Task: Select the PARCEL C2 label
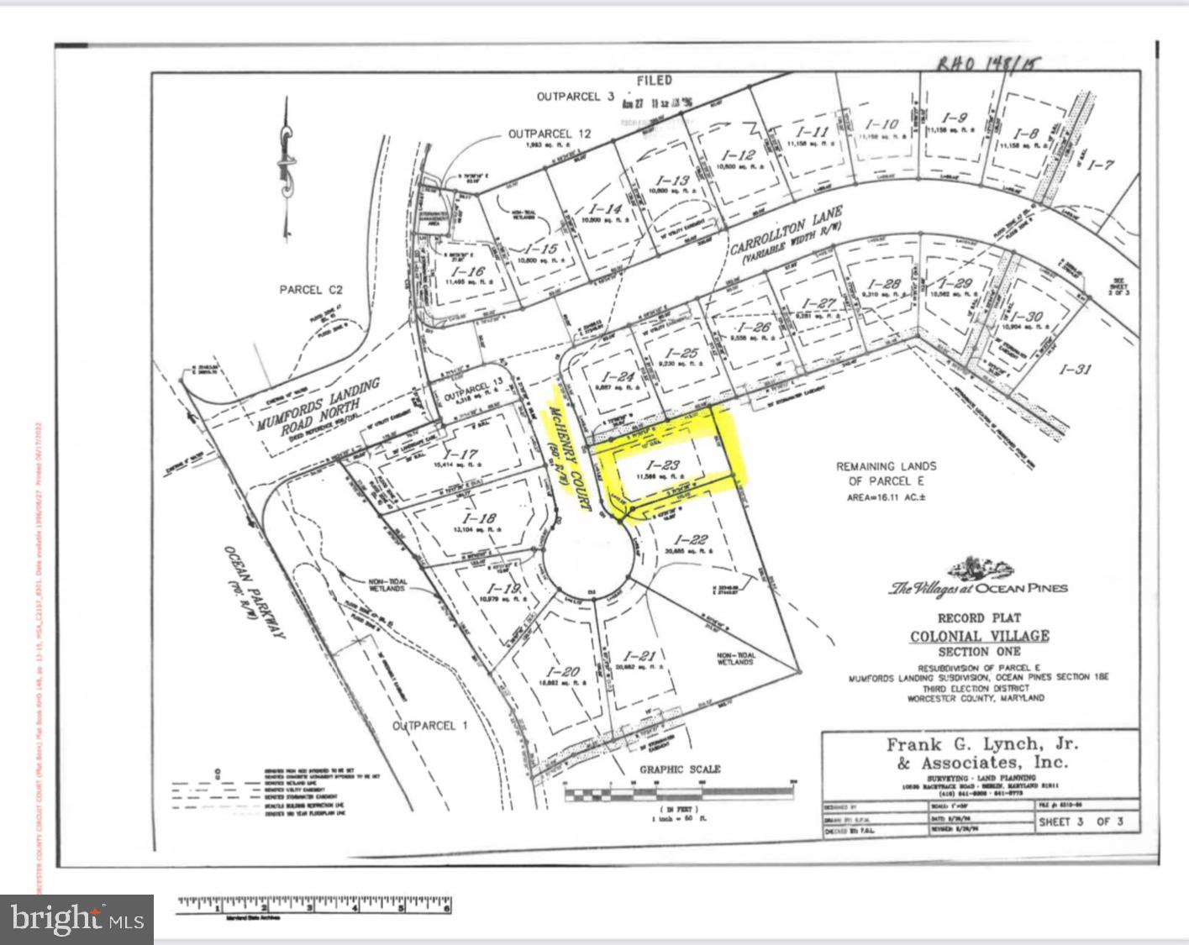[311, 290]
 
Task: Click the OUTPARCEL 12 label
[550, 134]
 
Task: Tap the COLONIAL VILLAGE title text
[980, 636]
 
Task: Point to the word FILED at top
[654, 81]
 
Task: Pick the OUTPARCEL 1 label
[430, 725]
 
